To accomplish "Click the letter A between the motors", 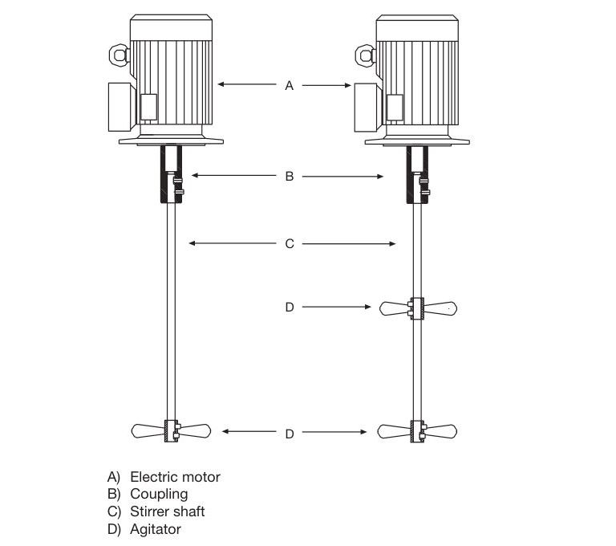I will click(x=290, y=84).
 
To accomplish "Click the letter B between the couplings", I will click(x=290, y=176).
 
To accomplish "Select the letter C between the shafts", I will click(x=290, y=243).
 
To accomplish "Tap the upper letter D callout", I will click(x=290, y=307).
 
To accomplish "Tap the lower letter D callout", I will click(x=290, y=433).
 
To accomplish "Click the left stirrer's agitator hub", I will click(x=171, y=431).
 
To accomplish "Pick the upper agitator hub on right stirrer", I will click(x=417, y=308).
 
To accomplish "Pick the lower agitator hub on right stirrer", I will click(x=417, y=431).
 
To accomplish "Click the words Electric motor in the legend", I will click(x=175, y=477).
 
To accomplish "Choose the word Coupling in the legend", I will click(x=159, y=494).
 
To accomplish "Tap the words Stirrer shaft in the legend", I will click(x=167, y=511).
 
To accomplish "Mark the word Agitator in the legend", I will click(x=156, y=529).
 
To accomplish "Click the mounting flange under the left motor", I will click(x=171, y=142).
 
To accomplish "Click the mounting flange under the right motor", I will click(x=417, y=142).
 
